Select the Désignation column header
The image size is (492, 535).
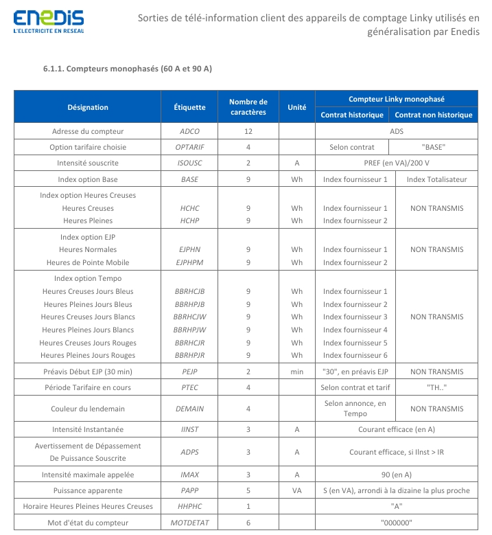(88, 107)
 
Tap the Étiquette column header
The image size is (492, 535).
(189, 107)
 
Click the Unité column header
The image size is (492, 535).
(296, 107)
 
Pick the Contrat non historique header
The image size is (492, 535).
(434, 115)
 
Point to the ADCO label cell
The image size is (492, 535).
(189, 130)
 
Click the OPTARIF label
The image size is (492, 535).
(189, 147)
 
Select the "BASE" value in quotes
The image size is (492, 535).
(434, 147)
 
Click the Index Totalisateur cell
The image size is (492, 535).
(436, 179)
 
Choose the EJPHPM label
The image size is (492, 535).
(189, 262)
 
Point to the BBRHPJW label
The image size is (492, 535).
(189, 330)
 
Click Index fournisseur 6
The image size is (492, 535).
(355, 355)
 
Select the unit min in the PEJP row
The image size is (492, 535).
(296, 372)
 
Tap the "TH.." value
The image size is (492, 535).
(434, 388)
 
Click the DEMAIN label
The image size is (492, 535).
(189, 409)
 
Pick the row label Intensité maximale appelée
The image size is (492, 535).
(88, 475)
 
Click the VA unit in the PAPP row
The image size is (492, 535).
(296, 491)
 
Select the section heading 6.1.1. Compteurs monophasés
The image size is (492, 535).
(128, 69)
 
